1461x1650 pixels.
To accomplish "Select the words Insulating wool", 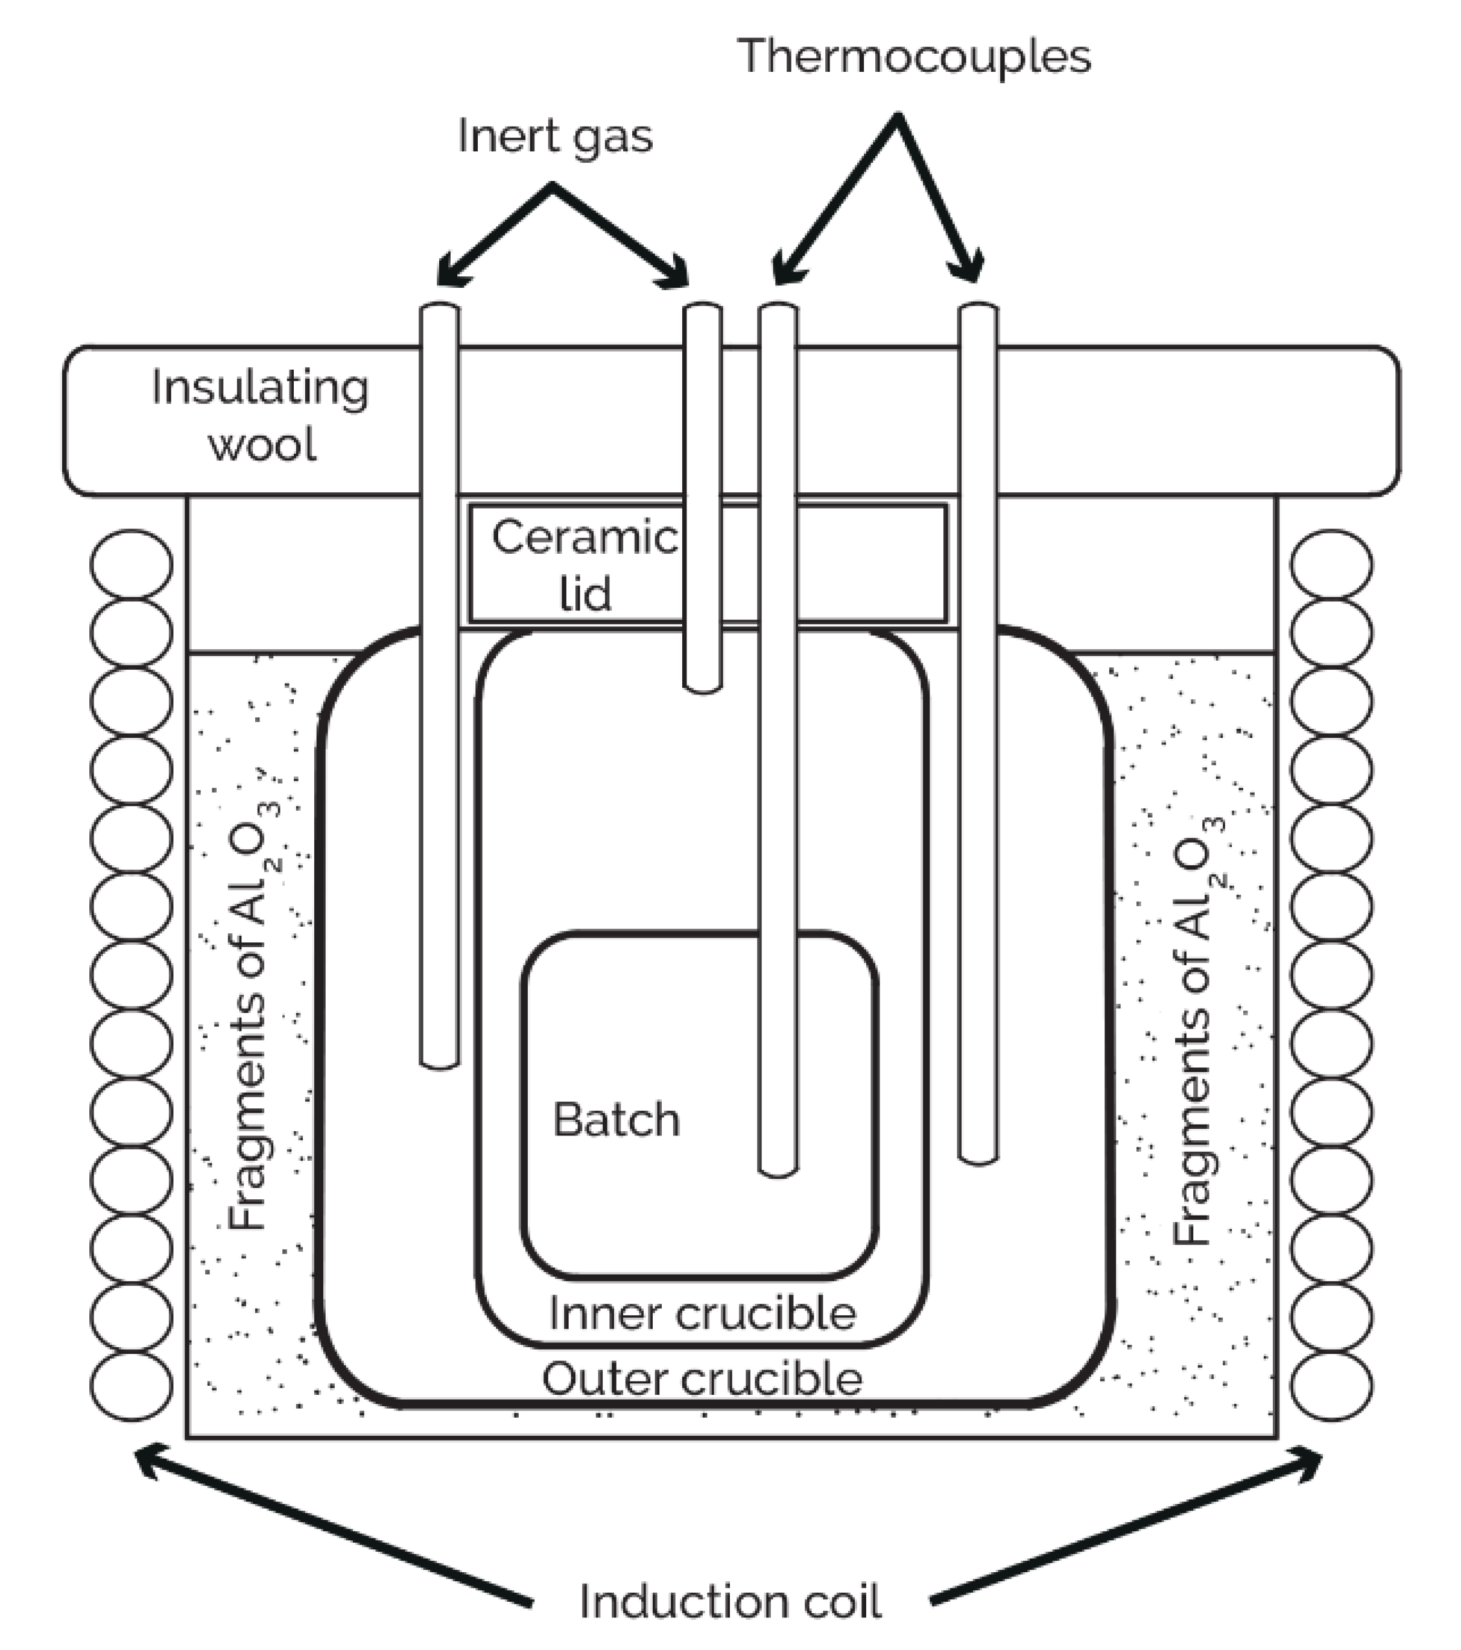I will (x=260, y=416).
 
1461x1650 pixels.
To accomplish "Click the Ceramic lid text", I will (x=585, y=565).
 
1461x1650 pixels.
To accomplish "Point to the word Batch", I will (x=616, y=1120).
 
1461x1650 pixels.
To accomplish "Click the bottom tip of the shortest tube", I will (x=702, y=688).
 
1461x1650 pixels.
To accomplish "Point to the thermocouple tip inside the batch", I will (x=778, y=1172).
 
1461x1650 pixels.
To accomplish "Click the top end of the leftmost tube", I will (x=440, y=308).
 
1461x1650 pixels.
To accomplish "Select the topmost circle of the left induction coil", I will (x=132, y=563).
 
